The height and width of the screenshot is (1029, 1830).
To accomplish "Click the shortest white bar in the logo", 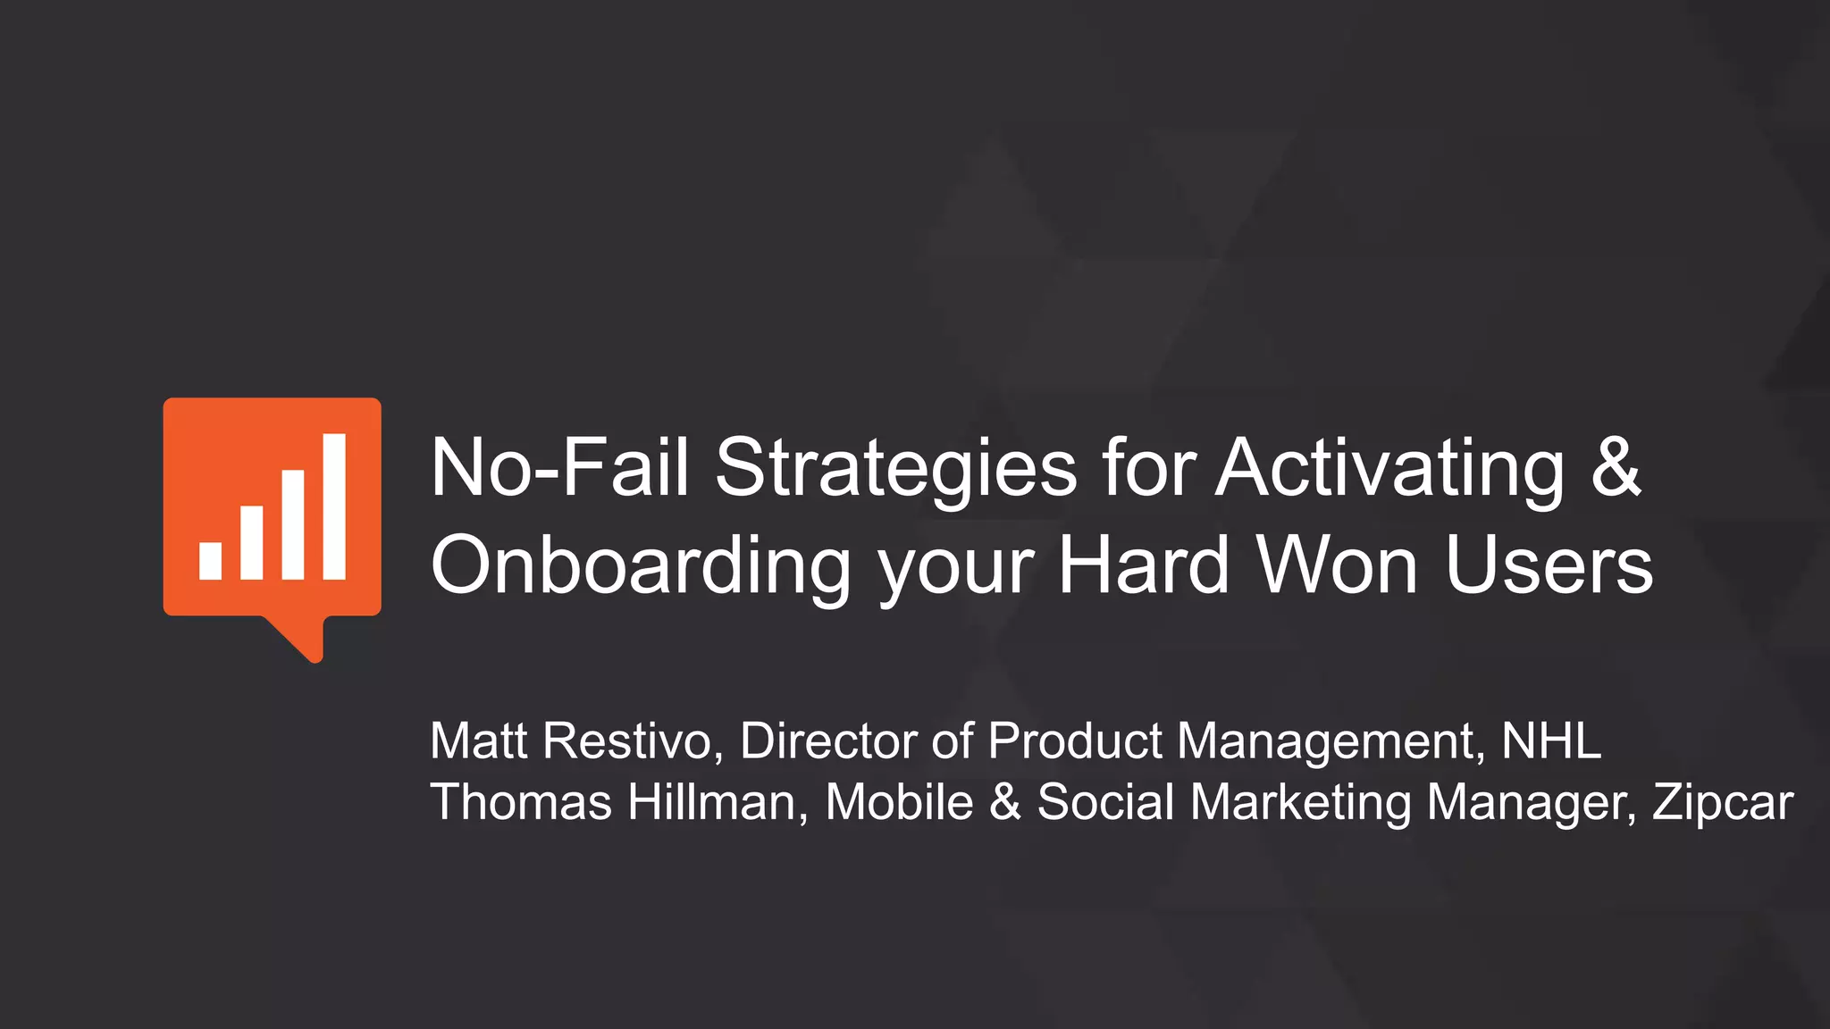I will pyautogui.click(x=211, y=561).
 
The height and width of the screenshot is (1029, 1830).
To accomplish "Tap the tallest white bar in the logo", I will pyautogui.click(x=334, y=506).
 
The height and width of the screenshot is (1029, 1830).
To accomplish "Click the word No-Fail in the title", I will pyautogui.click(x=559, y=468).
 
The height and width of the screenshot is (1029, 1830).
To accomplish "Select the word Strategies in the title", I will pyautogui.click(x=895, y=470).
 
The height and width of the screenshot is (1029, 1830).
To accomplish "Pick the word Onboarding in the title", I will pyautogui.click(x=641, y=566).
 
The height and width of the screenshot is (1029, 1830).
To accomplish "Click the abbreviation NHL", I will pyautogui.click(x=1551, y=741).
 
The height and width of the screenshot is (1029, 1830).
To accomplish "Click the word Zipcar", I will pyautogui.click(x=1723, y=803).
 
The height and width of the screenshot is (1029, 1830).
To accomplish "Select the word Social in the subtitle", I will pyautogui.click(x=1105, y=801).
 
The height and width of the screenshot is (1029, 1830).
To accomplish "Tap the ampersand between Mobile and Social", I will pyautogui.click(x=1005, y=801).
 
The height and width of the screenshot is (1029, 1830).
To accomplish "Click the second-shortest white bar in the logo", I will pyautogui.click(x=252, y=542).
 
